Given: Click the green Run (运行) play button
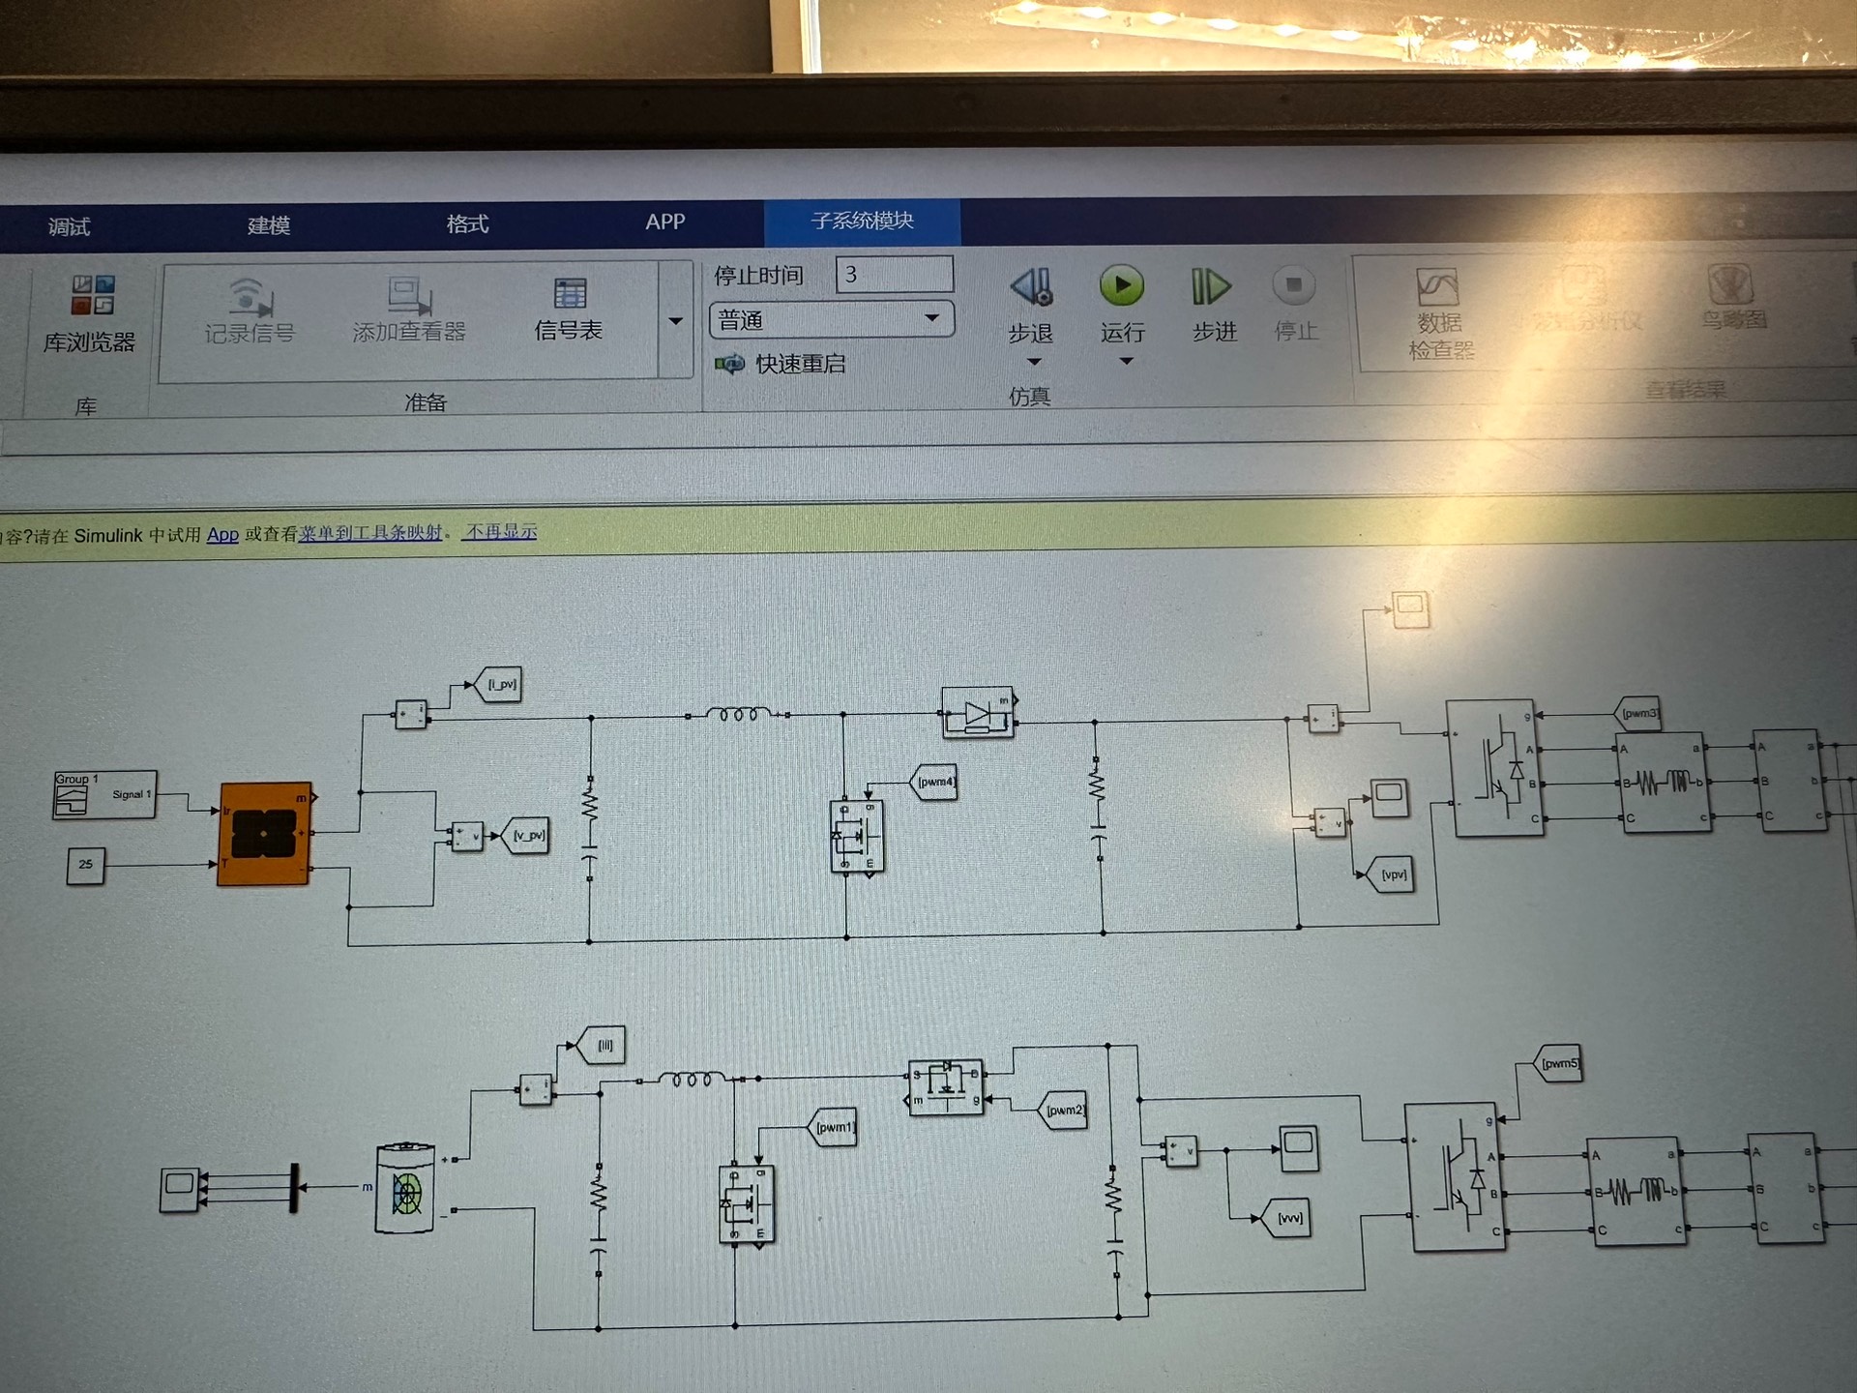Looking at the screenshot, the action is tap(1121, 286).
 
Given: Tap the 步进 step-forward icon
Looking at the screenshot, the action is tap(1210, 287).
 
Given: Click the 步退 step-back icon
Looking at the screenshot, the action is tap(1032, 287).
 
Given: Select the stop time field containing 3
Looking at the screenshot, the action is tap(894, 275).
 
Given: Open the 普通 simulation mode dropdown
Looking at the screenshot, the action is tap(831, 319).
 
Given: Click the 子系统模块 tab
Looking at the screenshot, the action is tap(862, 222).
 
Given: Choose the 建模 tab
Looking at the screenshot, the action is tap(268, 225).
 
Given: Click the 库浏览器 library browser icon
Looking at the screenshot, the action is tap(92, 296).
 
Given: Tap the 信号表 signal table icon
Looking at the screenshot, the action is tap(570, 294).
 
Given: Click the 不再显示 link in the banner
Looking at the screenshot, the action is tap(500, 532).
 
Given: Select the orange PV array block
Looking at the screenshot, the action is tap(264, 833).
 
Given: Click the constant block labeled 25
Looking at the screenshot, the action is tap(85, 865).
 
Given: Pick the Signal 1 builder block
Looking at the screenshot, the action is tap(104, 794).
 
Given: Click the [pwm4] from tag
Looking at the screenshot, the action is tap(934, 782).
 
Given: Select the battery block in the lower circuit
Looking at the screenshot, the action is tap(404, 1188).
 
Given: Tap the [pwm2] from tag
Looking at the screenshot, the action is tap(1064, 1110).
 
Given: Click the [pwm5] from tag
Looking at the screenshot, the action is tap(1558, 1064).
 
